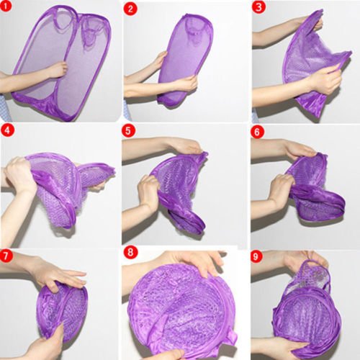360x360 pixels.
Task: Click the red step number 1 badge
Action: click(x=6, y=6)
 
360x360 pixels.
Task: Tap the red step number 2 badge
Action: click(x=130, y=9)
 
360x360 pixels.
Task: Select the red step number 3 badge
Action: click(x=258, y=7)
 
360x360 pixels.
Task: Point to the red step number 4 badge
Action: click(x=7, y=130)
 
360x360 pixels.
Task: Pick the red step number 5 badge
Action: click(x=128, y=131)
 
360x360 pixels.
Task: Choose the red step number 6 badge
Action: click(x=257, y=132)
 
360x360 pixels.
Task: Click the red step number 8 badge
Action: click(x=130, y=253)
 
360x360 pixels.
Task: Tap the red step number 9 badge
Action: click(x=256, y=256)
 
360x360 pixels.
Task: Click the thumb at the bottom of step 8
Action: click(x=173, y=355)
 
